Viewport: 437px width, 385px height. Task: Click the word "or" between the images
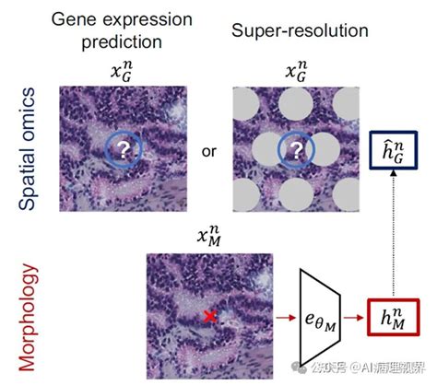pyautogui.click(x=209, y=151)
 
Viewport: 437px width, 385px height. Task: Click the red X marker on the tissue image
pyautogui.click(x=210, y=317)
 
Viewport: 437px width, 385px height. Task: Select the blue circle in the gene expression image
pyautogui.click(x=122, y=151)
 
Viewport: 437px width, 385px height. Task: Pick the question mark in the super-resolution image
pyautogui.click(x=296, y=151)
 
